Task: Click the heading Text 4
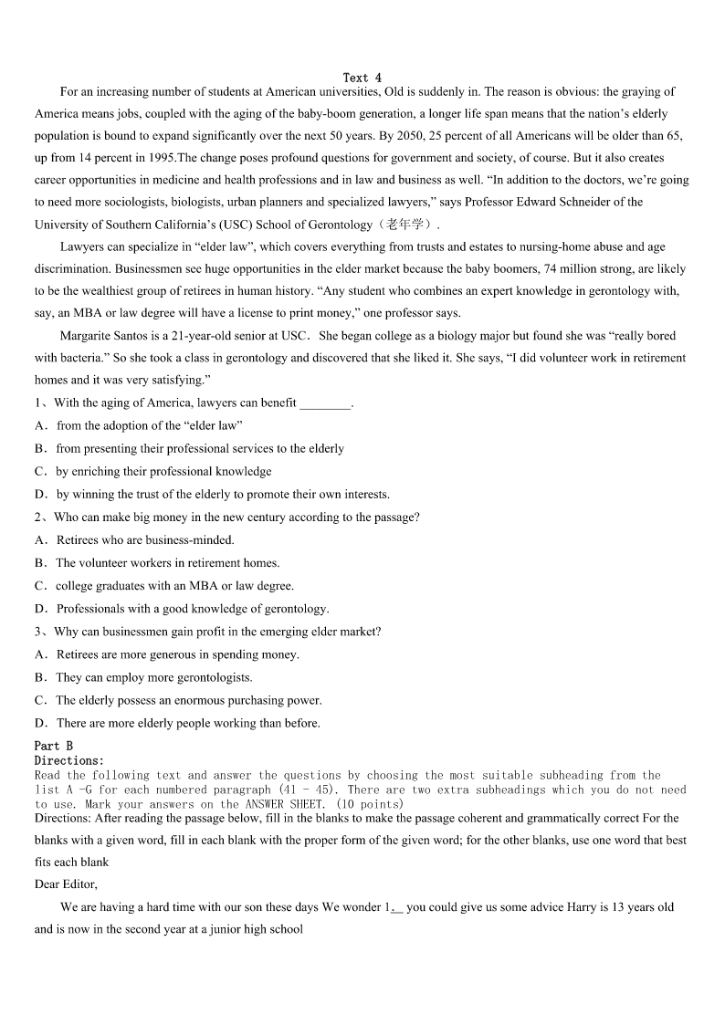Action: point(362,78)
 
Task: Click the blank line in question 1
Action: point(324,403)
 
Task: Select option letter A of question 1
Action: point(40,425)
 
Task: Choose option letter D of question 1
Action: point(40,494)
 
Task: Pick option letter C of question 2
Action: point(40,586)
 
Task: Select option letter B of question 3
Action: point(40,677)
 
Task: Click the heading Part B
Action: point(53,746)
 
